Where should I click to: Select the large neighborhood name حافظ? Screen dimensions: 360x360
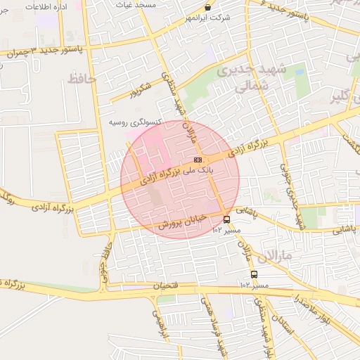[x=81, y=79]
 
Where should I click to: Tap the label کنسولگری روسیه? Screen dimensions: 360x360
[x=136, y=122]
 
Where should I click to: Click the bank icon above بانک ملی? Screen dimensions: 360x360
[x=196, y=160]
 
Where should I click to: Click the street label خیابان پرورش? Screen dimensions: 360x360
[x=181, y=221]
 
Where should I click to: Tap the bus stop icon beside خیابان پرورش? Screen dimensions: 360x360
[x=226, y=219]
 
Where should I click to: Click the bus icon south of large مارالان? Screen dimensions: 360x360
[x=254, y=274]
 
